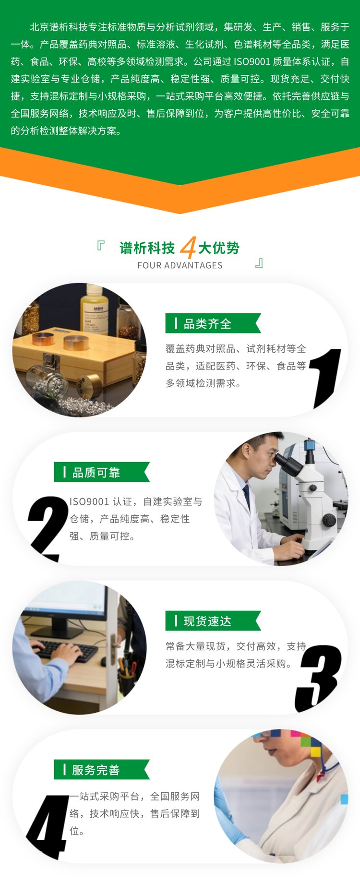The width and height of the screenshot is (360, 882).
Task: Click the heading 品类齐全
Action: coord(207,324)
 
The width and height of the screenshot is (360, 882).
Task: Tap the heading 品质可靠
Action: coord(96,473)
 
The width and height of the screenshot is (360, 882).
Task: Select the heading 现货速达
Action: coord(207,621)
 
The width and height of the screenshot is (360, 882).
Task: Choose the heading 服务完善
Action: coord(96,770)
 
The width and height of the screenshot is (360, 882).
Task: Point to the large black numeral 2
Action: coord(48,528)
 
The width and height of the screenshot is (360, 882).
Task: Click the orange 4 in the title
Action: coord(188,248)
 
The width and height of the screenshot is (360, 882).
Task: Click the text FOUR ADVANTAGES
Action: coord(180,265)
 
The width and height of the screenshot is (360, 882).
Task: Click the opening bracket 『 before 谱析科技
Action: coord(100,246)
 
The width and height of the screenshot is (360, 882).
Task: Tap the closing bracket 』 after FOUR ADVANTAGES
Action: coord(259,263)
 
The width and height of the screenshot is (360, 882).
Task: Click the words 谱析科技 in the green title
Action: coord(147,248)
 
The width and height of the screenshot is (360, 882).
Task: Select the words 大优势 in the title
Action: coord(219,248)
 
